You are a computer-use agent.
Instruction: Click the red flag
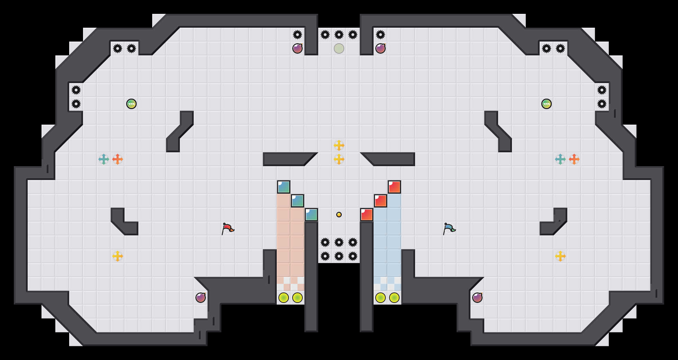tap(228, 228)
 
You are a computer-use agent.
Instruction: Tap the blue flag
tap(449, 228)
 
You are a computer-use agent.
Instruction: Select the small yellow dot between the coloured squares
tap(339, 215)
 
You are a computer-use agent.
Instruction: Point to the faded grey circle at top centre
tap(339, 48)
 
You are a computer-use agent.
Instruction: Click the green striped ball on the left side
tap(131, 104)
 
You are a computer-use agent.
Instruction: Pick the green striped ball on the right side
tap(547, 104)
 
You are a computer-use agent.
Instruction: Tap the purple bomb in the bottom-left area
tap(201, 298)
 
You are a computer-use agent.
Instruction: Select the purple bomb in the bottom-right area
tap(477, 298)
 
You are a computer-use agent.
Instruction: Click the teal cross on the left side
tap(104, 159)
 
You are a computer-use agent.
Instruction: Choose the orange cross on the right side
tap(574, 159)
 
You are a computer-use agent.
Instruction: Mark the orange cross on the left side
tap(118, 159)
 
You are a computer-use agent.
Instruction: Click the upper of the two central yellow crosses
tap(339, 145)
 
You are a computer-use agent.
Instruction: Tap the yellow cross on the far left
tap(118, 256)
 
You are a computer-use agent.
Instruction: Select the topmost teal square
tap(284, 187)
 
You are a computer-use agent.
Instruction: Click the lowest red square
tap(367, 215)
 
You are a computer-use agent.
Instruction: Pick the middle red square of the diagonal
tap(381, 201)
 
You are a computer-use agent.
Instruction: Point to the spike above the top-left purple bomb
tap(297, 35)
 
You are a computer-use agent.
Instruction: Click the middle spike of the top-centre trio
tap(339, 35)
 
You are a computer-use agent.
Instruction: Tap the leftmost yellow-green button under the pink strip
tap(284, 298)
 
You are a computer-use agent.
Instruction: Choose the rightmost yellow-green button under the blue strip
tap(394, 298)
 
